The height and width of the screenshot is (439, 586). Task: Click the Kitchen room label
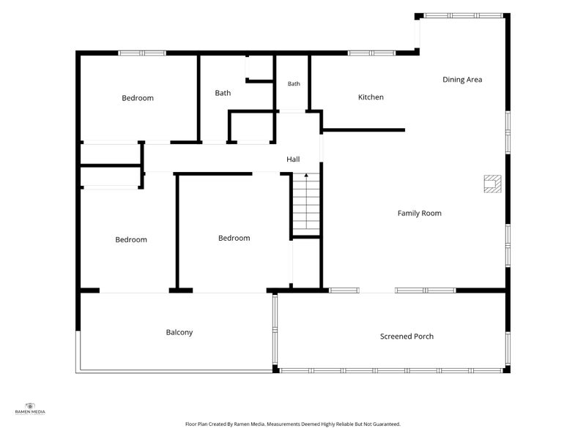(371, 97)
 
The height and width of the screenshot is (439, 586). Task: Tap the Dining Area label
(462, 80)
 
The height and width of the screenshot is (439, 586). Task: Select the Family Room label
(419, 213)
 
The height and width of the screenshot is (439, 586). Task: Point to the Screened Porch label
(407, 337)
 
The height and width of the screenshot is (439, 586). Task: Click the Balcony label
(179, 332)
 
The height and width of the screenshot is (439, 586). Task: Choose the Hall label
(293, 160)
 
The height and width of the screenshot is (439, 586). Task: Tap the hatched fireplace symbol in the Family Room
(492, 184)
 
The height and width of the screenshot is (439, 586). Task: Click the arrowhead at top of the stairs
(306, 175)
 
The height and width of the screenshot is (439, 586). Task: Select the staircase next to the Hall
(306, 204)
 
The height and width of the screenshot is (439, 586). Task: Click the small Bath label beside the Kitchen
(294, 83)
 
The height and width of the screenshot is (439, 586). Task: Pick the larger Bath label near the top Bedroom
(223, 93)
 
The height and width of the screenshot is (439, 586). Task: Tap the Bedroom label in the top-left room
(138, 98)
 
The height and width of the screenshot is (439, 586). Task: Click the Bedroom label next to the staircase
(234, 239)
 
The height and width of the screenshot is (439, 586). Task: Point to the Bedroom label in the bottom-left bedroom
(131, 240)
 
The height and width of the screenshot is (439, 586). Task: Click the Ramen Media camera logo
(30, 406)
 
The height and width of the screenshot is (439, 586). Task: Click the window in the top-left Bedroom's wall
(142, 53)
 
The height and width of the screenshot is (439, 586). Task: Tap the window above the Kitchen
(371, 53)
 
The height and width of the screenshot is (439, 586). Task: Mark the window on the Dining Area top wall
(463, 15)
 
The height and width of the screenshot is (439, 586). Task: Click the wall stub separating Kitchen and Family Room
(363, 130)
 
